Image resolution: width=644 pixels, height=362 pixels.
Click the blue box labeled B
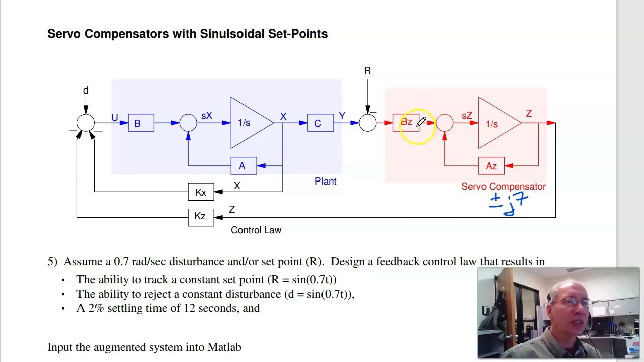click(141, 123)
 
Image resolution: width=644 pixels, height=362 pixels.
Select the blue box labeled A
click(244, 166)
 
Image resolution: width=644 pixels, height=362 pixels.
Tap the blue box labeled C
click(320, 123)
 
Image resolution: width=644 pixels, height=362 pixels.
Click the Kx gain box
click(201, 192)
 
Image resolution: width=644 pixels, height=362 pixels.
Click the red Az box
click(492, 166)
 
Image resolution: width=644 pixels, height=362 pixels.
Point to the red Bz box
click(406, 123)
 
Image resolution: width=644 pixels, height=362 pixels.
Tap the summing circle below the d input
click(86, 123)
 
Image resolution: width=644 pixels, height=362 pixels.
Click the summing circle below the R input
click(368, 123)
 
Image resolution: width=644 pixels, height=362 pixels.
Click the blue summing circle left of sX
click(188, 123)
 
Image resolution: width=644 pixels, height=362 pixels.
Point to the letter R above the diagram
click(367, 71)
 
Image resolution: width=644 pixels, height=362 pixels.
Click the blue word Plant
click(326, 182)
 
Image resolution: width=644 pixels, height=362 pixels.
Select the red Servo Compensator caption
click(504, 187)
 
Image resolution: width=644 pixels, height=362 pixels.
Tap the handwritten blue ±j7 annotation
click(508, 204)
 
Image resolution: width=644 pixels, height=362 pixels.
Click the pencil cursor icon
click(421, 122)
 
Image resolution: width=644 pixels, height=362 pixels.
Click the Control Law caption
click(256, 230)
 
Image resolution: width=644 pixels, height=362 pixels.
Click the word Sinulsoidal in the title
click(232, 34)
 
